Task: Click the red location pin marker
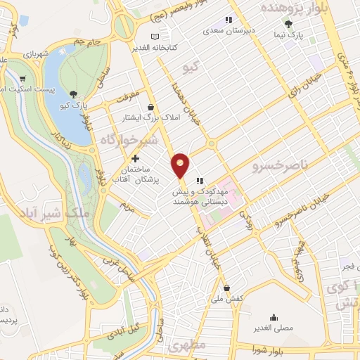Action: (x=181, y=165)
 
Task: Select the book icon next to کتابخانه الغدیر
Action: (x=155, y=37)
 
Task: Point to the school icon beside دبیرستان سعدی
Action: (x=228, y=20)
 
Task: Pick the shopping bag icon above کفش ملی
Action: (x=227, y=287)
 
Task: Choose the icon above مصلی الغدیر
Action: (x=273, y=316)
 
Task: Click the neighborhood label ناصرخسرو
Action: (x=276, y=167)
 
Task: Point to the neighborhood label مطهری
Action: (x=186, y=347)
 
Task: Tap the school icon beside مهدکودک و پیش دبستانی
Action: (x=200, y=179)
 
